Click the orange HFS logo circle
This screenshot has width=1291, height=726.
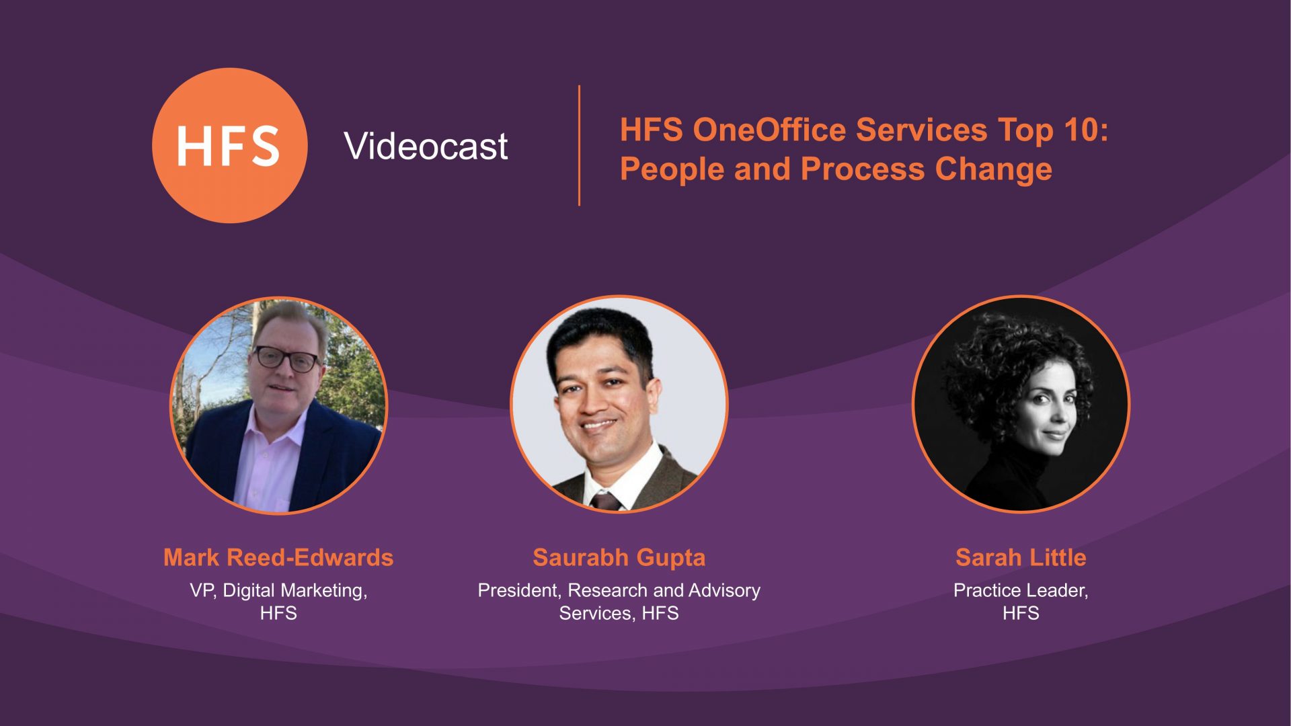[230, 145]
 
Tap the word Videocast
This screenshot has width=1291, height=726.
[426, 146]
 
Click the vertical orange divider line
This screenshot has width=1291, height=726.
[579, 145]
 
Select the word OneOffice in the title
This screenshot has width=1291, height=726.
[769, 130]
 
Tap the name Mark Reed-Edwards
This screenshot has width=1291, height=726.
[278, 557]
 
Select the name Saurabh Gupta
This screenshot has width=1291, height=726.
[619, 558]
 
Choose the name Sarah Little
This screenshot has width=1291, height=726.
[1021, 557]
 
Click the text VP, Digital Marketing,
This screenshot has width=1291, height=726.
[278, 590]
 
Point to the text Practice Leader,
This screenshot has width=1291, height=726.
[1021, 590]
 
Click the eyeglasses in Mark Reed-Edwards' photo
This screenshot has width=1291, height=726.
[287, 358]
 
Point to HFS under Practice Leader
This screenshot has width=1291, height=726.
[1021, 613]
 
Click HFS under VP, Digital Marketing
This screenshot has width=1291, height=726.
[278, 613]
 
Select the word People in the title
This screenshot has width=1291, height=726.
[672, 169]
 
